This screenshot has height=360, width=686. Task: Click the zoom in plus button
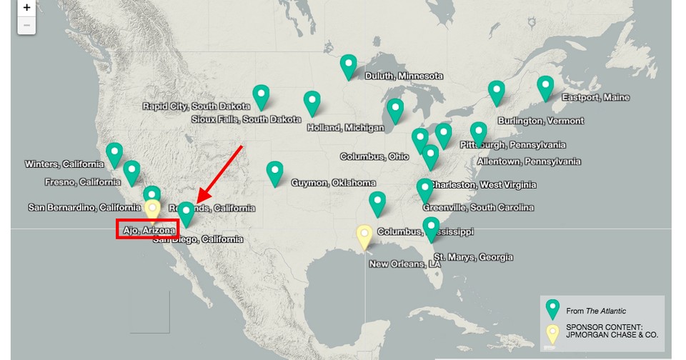coord(26,8)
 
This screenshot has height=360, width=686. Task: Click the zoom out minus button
coord(26,25)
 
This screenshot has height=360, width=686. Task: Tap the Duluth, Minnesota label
coord(404,76)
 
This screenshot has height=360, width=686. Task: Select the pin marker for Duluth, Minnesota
coord(348,66)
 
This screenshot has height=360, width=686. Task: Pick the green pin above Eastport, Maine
coord(545,87)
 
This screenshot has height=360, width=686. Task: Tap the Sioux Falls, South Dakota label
coord(246,119)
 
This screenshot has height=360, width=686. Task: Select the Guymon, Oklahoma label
coord(333,183)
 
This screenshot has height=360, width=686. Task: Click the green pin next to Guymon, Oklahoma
coord(274,173)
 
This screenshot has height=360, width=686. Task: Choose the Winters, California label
coord(64,164)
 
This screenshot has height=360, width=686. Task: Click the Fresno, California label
coord(82,182)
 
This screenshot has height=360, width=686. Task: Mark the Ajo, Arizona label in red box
coord(146,231)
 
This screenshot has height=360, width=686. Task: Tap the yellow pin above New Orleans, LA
coord(364,236)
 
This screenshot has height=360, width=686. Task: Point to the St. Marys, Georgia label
coord(472,257)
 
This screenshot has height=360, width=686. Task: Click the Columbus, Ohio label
coord(374,156)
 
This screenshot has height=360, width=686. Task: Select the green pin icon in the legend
coord(552,309)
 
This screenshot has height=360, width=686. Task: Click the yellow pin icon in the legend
coord(552,333)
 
